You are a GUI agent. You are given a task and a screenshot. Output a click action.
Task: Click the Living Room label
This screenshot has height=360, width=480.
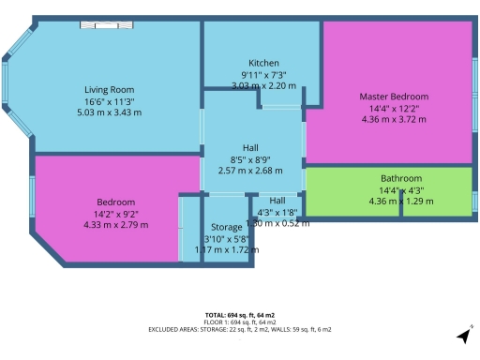click(x=110, y=90)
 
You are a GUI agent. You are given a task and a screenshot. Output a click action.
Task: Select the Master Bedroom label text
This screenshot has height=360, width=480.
click(x=394, y=97)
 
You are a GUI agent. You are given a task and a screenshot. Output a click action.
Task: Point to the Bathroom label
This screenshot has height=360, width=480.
click(x=400, y=178)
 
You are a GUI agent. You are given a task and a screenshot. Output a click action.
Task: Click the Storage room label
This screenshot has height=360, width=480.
click(x=226, y=227)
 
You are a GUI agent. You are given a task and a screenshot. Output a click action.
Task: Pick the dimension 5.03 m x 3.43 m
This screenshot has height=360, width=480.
click(x=110, y=112)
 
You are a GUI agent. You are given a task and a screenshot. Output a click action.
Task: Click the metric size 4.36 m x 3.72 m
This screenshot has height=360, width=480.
click(x=394, y=119)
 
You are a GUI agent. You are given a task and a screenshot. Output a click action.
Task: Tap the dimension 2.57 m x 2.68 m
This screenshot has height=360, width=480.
click(x=250, y=171)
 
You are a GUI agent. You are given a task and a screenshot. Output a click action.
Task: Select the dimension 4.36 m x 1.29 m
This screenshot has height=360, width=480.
click(x=400, y=201)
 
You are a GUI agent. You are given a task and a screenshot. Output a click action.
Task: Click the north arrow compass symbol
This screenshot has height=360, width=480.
click(x=463, y=336)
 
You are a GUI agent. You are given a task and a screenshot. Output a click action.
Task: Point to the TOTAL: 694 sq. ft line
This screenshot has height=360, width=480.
click(x=239, y=314)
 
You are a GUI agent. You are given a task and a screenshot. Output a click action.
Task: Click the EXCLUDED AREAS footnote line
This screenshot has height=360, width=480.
click(x=239, y=330)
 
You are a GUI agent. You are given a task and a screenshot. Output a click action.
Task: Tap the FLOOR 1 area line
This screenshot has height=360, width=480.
click(x=239, y=322)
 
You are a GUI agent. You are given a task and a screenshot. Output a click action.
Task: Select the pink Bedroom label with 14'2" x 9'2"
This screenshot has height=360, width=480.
click(x=115, y=202)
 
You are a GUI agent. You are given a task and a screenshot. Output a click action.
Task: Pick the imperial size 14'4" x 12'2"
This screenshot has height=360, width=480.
click(x=394, y=108)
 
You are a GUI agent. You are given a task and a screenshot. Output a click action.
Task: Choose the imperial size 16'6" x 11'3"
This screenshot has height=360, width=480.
click(x=110, y=101)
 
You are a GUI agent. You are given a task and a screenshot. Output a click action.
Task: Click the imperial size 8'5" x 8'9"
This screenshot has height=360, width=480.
click(x=250, y=159)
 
